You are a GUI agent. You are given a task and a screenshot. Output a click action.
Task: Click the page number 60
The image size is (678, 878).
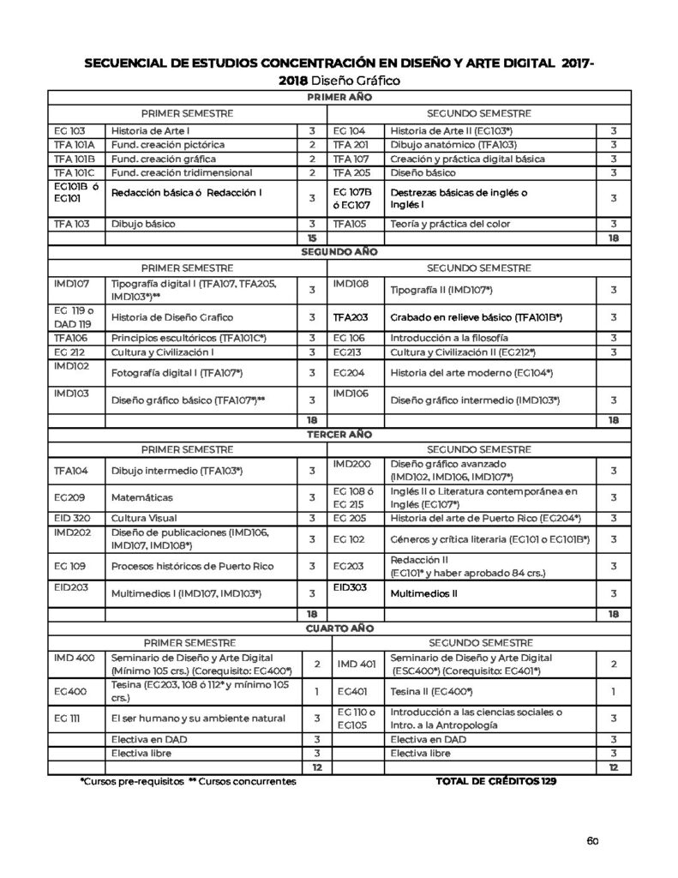click(591, 839)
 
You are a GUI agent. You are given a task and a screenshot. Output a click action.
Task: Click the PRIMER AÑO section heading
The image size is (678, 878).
click(339, 99)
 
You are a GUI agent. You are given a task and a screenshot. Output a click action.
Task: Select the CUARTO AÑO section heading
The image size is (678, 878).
click(339, 627)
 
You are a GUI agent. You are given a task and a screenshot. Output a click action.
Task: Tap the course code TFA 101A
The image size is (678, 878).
click(74, 144)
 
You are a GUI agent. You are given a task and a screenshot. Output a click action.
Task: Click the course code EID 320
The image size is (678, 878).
click(71, 518)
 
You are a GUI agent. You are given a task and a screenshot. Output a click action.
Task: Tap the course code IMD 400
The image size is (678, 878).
click(73, 656)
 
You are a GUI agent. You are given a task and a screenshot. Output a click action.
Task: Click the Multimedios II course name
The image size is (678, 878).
click(424, 592)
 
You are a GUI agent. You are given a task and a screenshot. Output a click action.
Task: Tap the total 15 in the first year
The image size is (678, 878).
click(312, 238)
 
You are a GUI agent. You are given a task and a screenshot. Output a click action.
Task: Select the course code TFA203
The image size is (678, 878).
click(351, 317)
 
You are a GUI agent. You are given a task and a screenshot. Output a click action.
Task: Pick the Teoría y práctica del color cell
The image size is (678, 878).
click(450, 224)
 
